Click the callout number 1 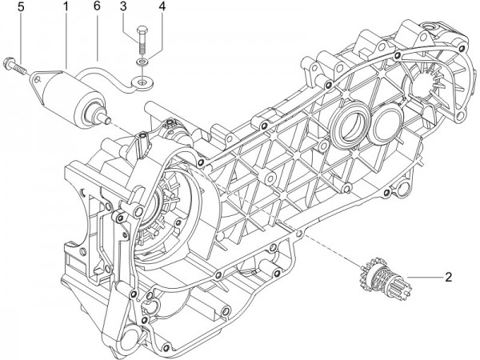click(66, 7)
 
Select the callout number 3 click(123, 7)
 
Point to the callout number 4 click(162, 7)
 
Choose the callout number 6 click(97, 7)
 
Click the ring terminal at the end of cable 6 click(145, 80)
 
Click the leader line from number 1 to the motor click(66, 40)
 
